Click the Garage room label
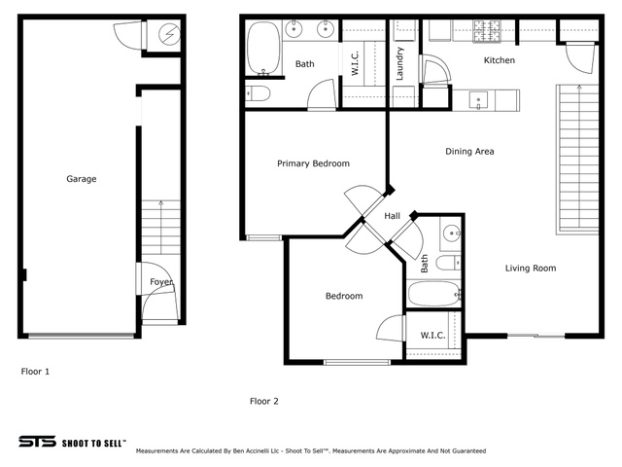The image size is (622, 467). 82,179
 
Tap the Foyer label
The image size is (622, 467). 161,282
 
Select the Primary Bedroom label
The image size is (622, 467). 313,163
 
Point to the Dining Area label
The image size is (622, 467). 469,152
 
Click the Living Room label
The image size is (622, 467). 531,269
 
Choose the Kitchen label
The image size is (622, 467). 500,60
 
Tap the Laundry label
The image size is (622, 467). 399,63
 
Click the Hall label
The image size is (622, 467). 392,216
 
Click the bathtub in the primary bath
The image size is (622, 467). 263,49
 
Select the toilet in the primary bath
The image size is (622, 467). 258,94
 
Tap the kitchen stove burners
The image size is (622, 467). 487,31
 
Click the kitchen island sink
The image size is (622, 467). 478,100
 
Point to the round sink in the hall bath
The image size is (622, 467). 451,233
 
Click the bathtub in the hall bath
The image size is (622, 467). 434,294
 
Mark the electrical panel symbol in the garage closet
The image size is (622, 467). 169,34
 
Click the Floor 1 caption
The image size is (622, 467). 35,372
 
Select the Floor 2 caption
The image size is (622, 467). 264,402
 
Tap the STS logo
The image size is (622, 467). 38,442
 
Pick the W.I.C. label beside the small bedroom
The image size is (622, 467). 432,336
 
